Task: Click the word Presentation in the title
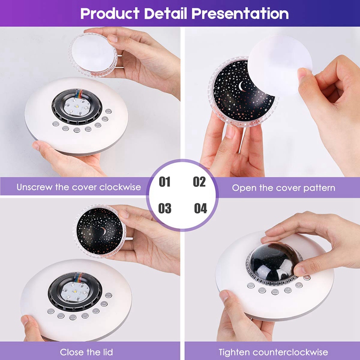[240, 13]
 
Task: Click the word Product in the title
[110, 13]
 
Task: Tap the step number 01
[165, 182]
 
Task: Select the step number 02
[199, 182]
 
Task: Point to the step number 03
[165, 208]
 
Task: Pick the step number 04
[200, 208]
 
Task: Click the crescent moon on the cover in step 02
[241, 86]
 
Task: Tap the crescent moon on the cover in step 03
[103, 231]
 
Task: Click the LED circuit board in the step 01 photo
[76, 107]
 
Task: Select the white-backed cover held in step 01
[93, 54]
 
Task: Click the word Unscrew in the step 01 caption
[34, 187]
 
